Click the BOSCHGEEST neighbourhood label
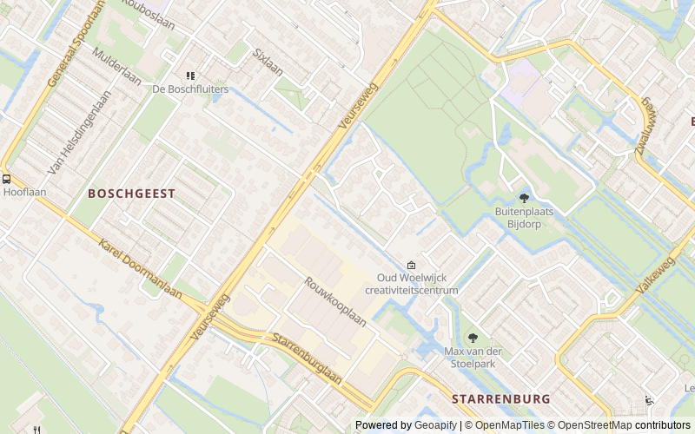(x=131, y=194)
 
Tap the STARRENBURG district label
(x=500, y=398)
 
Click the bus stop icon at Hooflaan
(x=7, y=179)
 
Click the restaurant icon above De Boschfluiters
(x=191, y=76)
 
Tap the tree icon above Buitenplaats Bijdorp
(x=523, y=198)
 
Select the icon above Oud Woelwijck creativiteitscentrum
(x=411, y=266)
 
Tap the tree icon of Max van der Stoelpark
(x=473, y=338)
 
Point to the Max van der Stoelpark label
(x=473, y=358)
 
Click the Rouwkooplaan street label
(x=334, y=300)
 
